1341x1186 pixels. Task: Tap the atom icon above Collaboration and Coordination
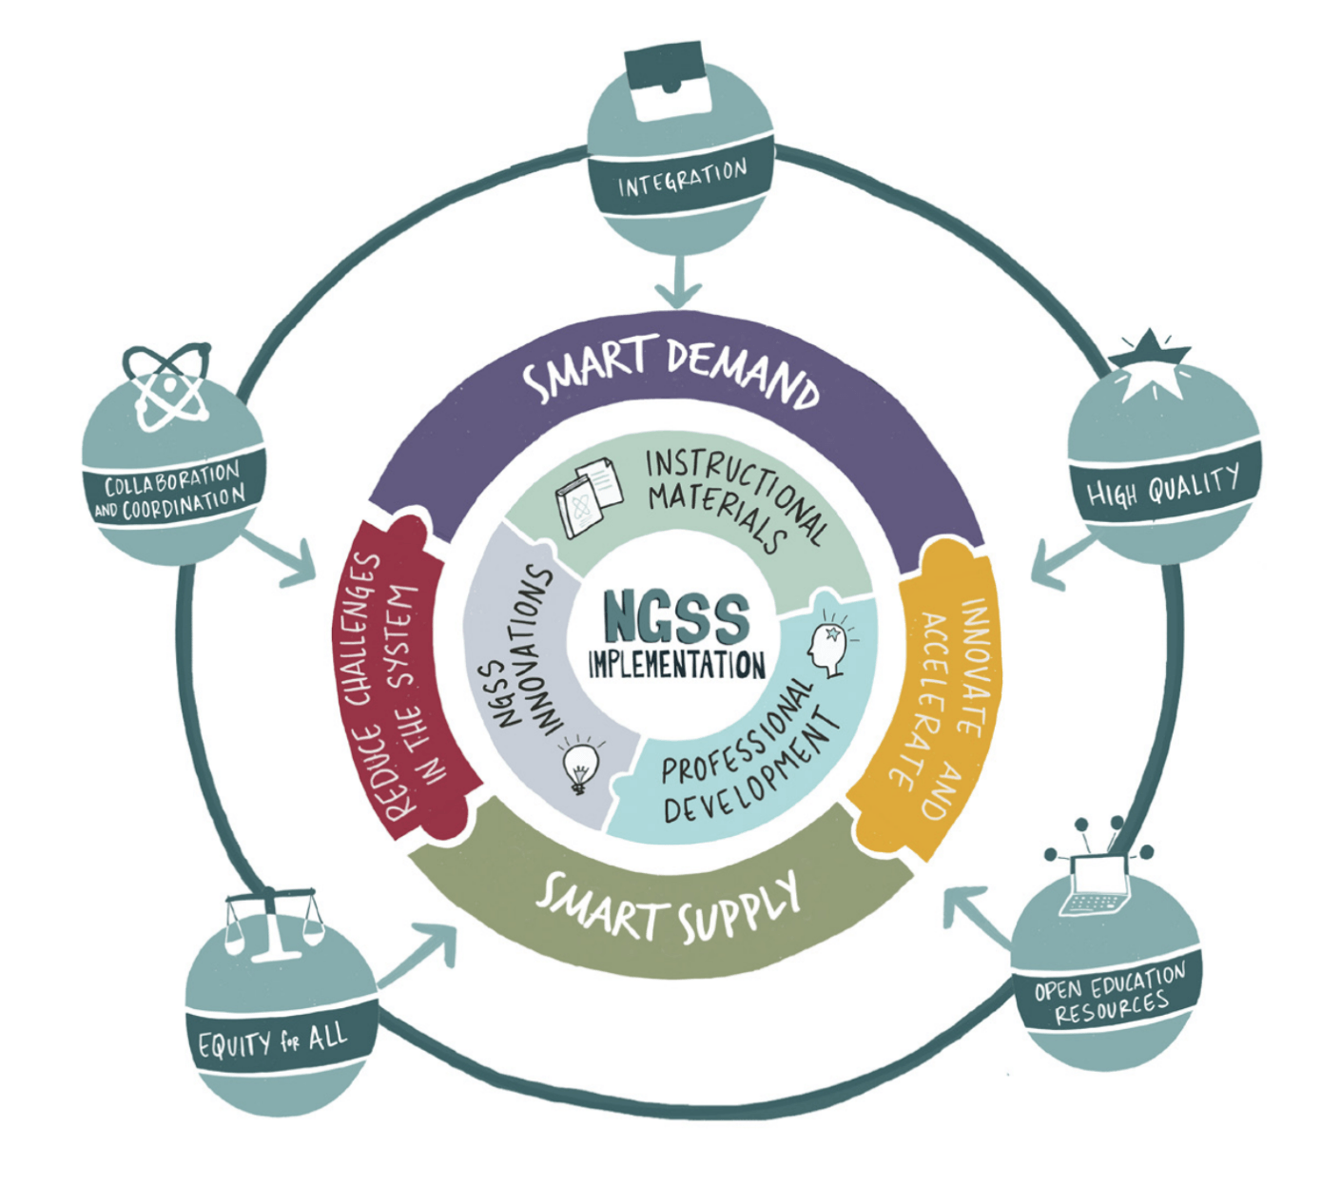[x=166, y=386]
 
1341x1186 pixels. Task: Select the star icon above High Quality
[x=1150, y=365]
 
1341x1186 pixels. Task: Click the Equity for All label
[x=273, y=1040]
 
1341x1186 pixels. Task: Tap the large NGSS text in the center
[x=676, y=617]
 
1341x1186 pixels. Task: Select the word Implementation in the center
[x=676, y=664]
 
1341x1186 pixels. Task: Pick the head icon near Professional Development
[x=828, y=645]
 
